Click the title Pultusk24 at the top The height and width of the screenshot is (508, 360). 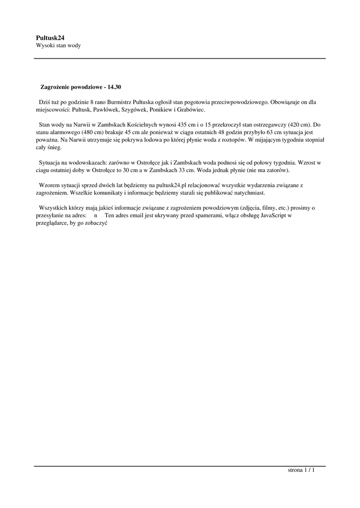(51, 37)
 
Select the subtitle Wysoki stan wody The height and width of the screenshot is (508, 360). (58, 46)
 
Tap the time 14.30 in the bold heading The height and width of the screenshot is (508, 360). (114, 87)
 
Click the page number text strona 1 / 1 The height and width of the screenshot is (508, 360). (301, 470)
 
